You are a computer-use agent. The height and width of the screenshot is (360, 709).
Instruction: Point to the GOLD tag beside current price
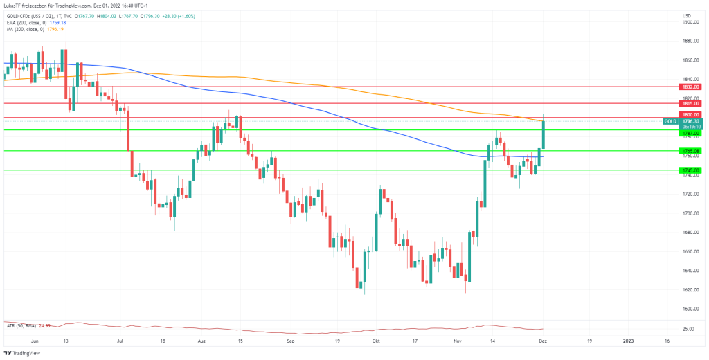point(670,121)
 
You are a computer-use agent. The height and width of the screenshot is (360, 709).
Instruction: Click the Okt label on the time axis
point(376,341)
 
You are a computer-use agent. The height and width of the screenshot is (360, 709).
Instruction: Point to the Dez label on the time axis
point(544,341)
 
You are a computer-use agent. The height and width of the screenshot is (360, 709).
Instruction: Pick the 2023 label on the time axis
point(629,341)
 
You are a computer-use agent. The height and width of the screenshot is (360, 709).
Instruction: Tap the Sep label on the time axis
point(291,341)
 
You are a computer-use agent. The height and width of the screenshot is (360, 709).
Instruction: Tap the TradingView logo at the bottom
point(23,352)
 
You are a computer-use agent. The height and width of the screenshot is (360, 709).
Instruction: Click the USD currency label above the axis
point(686,15)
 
